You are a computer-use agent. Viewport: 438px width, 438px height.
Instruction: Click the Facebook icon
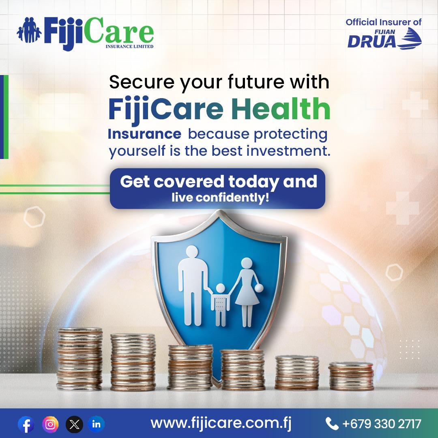(x=26, y=424)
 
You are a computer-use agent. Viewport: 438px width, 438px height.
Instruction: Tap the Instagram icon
(x=50, y=424)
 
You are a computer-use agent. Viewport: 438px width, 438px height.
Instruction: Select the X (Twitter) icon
(x=74, y=424)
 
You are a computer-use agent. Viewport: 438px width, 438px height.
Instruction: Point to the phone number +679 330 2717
(x=382, y=424)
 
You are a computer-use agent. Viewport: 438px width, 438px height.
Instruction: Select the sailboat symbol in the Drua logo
(x=410, y=38)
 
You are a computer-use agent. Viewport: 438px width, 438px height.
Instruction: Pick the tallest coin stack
(x=80, y=359)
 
